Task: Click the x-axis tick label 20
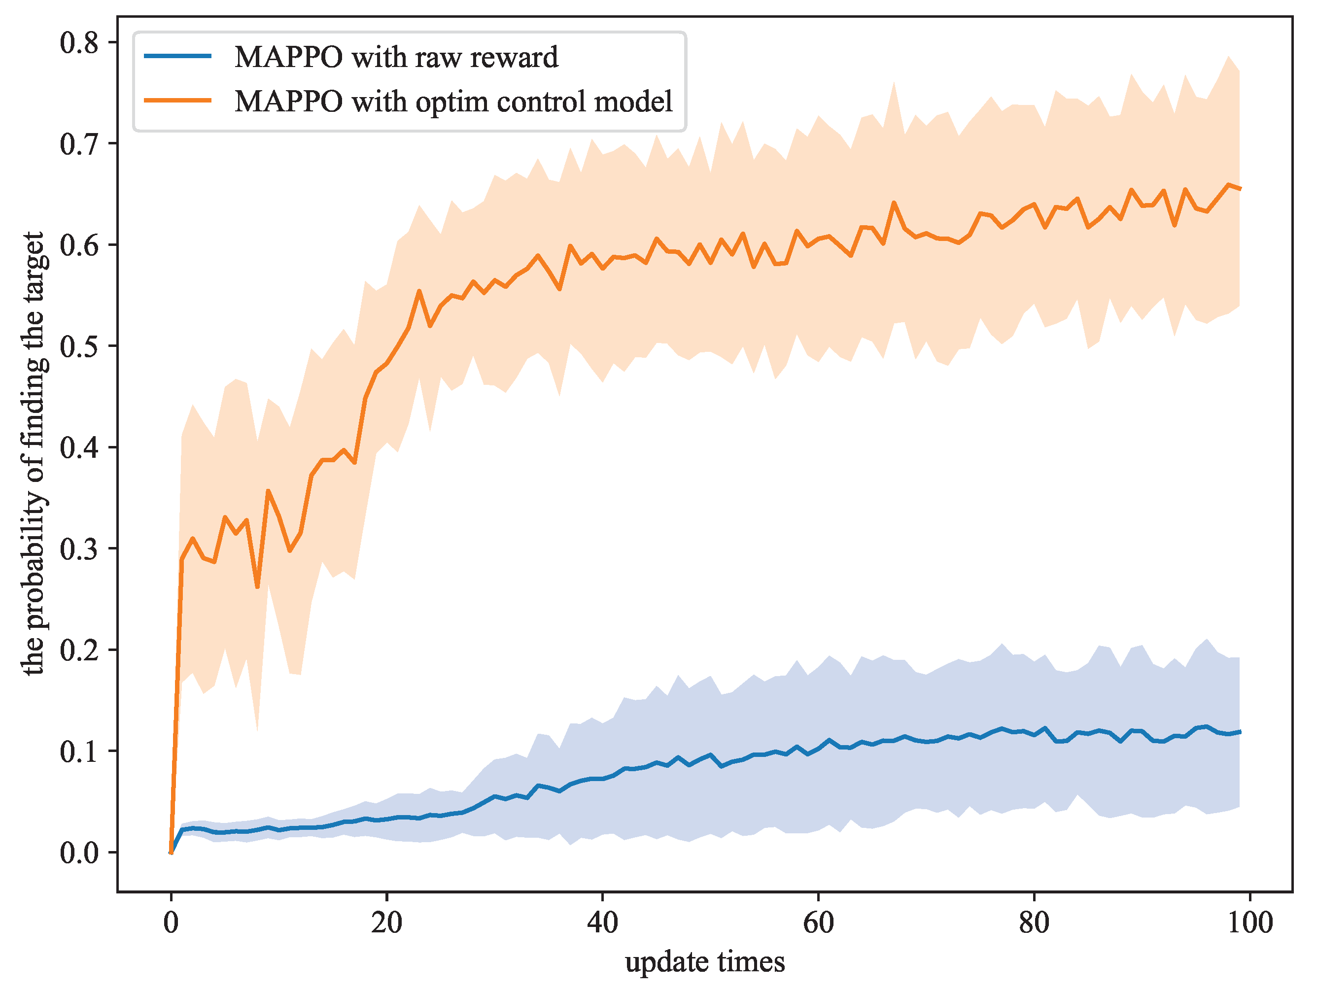tap(386, 923)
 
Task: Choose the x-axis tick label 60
tap(818, 923)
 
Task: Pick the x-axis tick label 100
tap(1249, 923)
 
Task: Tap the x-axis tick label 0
tap(172, 923)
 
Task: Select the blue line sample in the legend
tap(178, 56)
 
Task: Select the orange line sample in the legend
tap(178, 100)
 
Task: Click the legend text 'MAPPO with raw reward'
tap(396, 57)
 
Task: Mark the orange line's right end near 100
tap(1239, 189)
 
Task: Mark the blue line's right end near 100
tap(1239, 731)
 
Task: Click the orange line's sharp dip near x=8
tap(257, 587)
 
